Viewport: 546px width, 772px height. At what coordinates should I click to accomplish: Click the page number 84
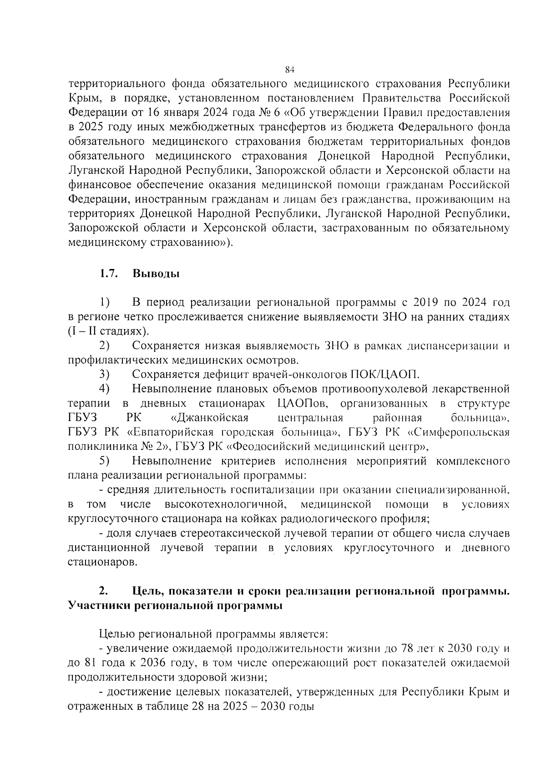(290, 70)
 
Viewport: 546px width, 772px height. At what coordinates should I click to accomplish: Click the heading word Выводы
(156, 274)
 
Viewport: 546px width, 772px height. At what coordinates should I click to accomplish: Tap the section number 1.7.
(108, 274)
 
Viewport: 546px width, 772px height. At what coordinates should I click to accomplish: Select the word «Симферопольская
(455, 432)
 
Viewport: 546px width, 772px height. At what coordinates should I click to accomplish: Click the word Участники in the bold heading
(98, 606)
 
